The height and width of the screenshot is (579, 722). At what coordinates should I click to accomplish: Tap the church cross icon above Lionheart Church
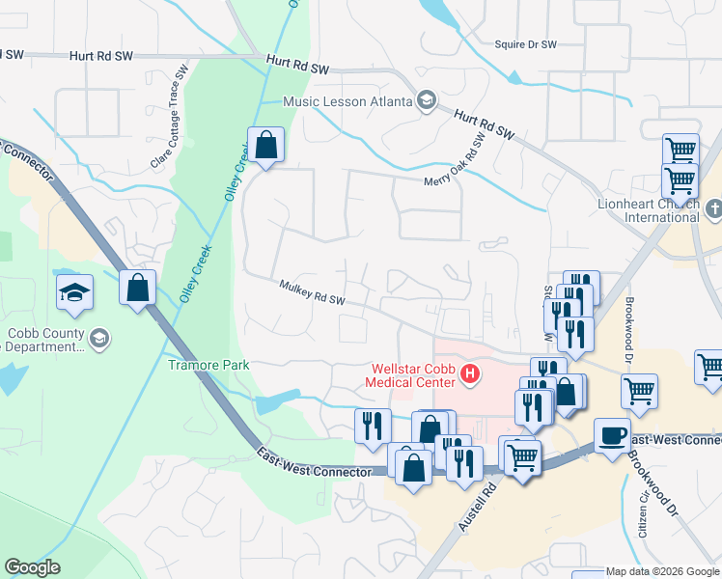pos(713,207)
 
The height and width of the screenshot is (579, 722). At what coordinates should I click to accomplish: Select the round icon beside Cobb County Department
pos(99,339)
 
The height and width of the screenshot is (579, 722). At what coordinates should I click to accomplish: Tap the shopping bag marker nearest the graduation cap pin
pos(138,289)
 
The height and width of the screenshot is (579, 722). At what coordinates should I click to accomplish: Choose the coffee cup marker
pos(612,436)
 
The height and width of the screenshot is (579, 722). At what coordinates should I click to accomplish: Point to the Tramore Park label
pos(208,365)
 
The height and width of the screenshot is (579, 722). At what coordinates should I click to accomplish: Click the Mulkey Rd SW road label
pos(312,292)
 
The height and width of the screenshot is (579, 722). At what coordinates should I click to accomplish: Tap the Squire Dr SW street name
pos(525,44)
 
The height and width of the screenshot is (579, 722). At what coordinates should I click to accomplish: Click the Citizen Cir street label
pos(641,510)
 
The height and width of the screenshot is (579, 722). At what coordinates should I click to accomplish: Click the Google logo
pos(33,567)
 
